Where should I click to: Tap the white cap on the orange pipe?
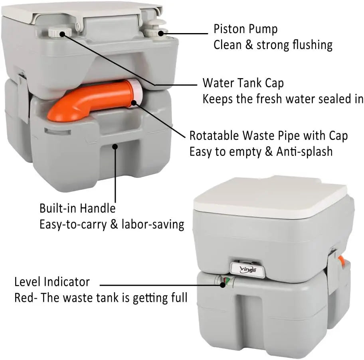point(136,93)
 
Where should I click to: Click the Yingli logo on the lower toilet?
point(248,270)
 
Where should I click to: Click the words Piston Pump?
point(245,29)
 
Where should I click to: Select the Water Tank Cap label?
point(243,83)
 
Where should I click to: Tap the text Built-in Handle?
point(77,208)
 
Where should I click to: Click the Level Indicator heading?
point(52,282)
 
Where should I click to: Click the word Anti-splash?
point(305,152)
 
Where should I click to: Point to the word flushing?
point(313,45)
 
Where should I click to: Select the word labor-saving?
point(153,224)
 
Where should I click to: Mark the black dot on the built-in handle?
point(115,146)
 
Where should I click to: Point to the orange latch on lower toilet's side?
point(342,262)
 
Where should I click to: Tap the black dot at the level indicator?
point(223,285)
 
